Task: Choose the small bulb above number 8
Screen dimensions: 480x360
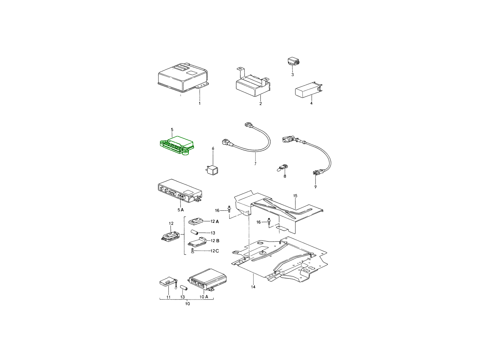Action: click(282, 168)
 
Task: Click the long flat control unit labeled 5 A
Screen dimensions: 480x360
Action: click(180, 191)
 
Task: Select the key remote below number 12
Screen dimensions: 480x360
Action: click(170, 237)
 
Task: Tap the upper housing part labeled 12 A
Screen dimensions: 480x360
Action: click(196, 221)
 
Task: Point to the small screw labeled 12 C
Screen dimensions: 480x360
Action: click(193, 251)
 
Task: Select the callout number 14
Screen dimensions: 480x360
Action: click(253, 287)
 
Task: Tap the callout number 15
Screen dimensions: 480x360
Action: click(295, 196)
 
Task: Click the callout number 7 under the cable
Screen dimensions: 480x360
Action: click(255, 164)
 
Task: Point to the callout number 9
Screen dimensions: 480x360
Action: click(315, 187)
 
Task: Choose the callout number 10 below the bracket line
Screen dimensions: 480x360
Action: click(188, 304)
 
